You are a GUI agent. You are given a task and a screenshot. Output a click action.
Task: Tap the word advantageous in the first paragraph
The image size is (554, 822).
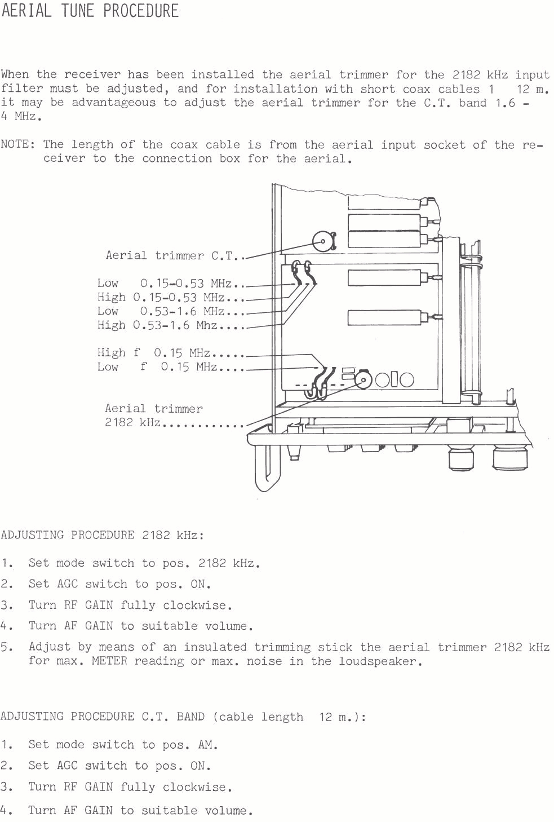click(x=114, y=103)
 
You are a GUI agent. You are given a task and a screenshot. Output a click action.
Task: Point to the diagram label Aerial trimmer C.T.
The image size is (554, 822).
click(x=170, y=255)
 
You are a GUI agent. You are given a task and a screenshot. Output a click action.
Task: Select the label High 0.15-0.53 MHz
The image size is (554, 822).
click(x=161, y=297)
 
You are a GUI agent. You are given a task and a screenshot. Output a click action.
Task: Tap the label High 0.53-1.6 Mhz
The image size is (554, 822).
click(x=157, y=325)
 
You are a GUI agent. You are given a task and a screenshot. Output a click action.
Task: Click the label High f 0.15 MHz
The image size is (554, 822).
click(x=154, y=353)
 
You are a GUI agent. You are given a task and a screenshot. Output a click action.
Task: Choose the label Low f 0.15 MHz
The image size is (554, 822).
click(x=157, y=367)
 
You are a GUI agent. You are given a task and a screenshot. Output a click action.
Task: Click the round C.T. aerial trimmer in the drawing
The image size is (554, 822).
click(x=323, y=241)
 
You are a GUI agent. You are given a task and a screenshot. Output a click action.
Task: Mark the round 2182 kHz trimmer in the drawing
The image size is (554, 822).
click(x=363, y=380)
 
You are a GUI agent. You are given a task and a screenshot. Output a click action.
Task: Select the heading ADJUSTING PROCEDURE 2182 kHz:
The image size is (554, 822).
click(x=103, y=535)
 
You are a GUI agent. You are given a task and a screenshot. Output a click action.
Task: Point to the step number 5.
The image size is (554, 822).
click(x=6, y=647)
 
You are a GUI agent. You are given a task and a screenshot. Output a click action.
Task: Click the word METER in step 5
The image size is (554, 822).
click(x=109, y=661)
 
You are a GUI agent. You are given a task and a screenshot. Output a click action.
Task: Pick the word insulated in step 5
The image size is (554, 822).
click(x=215, y=647)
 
